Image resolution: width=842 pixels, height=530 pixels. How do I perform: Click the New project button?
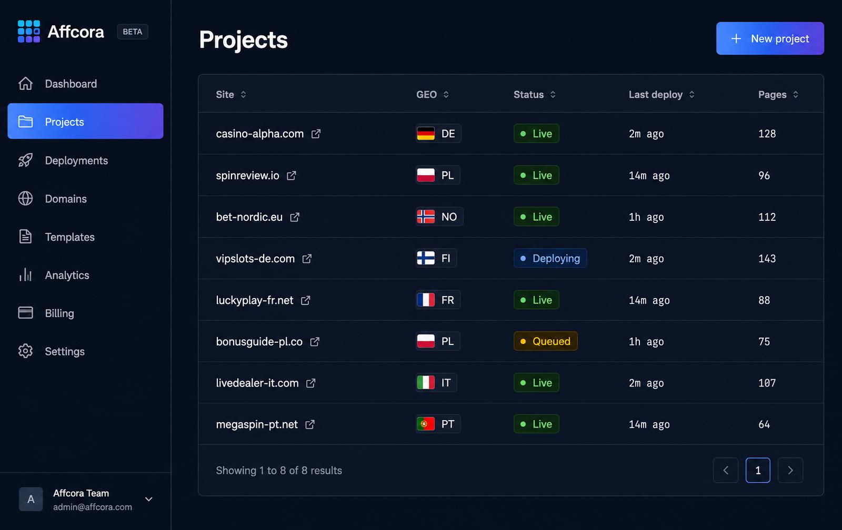coord(770,38)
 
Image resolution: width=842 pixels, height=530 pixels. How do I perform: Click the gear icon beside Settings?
coord(26,351)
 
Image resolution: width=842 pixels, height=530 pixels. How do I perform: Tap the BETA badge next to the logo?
coord(132,32)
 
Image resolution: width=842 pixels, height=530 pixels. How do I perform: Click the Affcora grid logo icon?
coord(28,32)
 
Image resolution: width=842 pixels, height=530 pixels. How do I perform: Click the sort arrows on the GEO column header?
coord(446,94)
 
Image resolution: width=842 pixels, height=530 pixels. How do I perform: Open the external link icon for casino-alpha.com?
coord(316,134)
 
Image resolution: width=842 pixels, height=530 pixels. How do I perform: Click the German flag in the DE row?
coord(426,134)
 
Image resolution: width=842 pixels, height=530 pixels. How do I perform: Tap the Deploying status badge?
coord(550,258)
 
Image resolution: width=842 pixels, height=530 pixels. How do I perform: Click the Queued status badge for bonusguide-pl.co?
coord(545,341)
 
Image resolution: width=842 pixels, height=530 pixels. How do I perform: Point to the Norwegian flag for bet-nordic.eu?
coord(426,217)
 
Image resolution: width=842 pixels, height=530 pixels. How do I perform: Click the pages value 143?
coord(767,258)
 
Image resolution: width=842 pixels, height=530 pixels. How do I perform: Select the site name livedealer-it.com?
coord(257,383)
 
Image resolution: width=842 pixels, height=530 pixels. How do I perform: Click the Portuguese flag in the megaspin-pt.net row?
coord(426,424)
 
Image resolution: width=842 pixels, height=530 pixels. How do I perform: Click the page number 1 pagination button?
coord(758,470)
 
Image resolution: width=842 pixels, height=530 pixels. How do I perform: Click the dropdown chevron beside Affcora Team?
coord(149,499)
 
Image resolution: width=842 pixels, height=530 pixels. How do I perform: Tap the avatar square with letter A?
coord(31,499)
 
